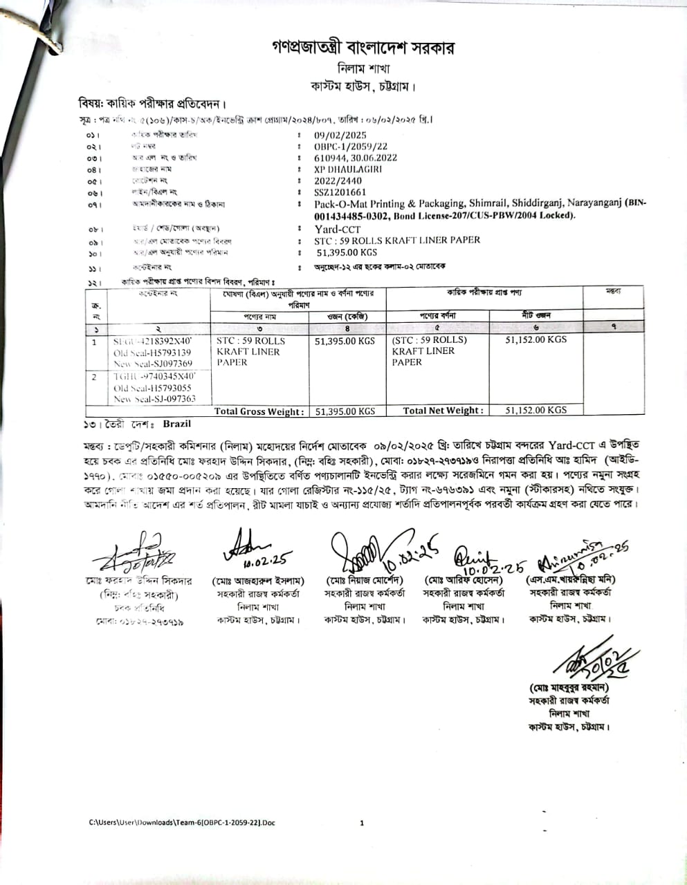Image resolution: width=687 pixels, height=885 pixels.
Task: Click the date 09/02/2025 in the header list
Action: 340,136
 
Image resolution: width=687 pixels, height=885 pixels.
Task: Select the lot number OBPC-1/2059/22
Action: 351,147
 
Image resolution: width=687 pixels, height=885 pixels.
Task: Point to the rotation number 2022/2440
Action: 338,181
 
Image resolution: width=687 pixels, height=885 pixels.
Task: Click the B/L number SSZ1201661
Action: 340,192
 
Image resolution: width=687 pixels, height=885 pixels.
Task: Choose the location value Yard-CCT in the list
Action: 337,229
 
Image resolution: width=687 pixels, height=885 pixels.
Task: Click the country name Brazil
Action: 176,424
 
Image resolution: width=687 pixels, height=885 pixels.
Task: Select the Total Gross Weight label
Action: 259,411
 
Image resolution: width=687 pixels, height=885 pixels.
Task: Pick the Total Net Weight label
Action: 443,411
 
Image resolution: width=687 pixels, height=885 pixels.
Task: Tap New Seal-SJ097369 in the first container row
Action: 153,364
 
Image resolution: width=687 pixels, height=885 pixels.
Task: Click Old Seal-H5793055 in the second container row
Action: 152,389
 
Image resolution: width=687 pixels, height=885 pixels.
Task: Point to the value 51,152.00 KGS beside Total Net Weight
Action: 535,410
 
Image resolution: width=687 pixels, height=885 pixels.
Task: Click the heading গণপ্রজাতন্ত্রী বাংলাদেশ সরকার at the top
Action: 363,48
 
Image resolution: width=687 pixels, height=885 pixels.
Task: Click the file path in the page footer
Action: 182,823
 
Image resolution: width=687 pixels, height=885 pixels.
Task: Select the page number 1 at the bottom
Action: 362,823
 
